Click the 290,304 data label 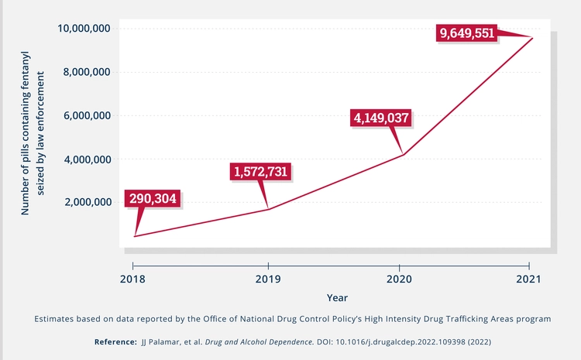click(153, 199)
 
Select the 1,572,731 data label click(263, 172)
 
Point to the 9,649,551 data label click(467, 34)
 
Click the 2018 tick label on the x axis click(133, 279)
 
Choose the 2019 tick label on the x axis click(268, 279)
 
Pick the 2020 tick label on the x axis click(399, 279)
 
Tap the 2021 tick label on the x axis click(531, 279)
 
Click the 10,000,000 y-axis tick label click(84, 29)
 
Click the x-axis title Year click(337, 297)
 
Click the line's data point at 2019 click(268, 209)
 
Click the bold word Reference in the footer click(115, 341)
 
